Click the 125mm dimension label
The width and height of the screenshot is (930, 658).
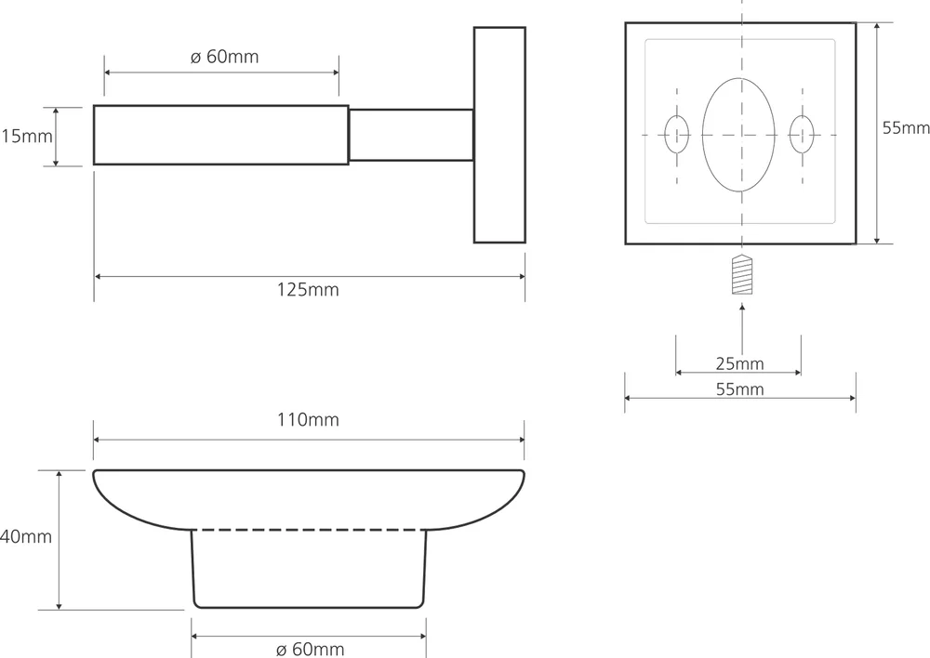[308, 290]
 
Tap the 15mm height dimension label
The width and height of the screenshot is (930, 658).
[25, 137]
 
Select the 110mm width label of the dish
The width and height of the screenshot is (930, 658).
[308, 420]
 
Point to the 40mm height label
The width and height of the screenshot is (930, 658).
[25, 537]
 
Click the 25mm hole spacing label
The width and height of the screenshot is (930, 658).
[739, 362]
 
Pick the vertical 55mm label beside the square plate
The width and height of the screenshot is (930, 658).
[905, 128]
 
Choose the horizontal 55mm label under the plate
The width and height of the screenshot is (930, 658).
[739, 389]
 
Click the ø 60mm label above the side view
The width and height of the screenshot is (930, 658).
[224, 58]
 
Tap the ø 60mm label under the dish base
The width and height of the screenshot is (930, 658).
[310, 649]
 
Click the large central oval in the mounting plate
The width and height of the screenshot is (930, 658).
[739, 135]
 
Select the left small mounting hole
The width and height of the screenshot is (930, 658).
[677, 135]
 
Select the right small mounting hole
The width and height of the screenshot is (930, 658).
[801, 135]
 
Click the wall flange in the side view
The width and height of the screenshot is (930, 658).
[499, 135]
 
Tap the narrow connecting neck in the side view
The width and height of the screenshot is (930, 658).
[410, 136]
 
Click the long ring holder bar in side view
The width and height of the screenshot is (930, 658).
[221, 136]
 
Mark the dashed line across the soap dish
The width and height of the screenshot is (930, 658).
[309, 531]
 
